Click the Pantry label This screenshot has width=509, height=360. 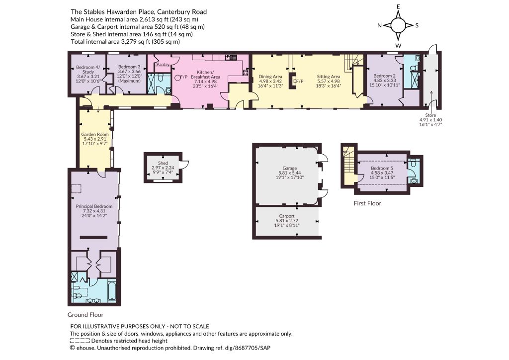click(163, 64)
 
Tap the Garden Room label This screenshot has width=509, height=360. click(95, 134)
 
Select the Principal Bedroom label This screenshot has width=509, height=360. click(94, 206)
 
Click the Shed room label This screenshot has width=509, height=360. click(163, 163)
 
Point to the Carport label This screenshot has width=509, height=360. click(287, 216)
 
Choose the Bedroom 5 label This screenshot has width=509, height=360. click(382, 168)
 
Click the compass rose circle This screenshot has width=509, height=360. click(398, 25)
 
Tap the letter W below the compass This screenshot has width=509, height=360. click(398, 45)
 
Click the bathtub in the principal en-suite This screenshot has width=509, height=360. click(112, 291)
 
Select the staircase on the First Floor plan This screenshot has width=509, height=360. click(349, 162)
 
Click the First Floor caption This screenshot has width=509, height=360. click(367, 203)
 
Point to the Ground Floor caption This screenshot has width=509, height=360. click(85, 315)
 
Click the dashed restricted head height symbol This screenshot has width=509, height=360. click(80, 341)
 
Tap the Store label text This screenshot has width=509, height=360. click(431, 115)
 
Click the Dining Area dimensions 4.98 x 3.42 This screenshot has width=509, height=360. click(270, 81)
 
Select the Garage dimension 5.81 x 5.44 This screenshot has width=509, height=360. click(290, 173)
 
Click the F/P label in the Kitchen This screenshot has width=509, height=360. click(184, 77)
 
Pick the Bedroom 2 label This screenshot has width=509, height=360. click(384, 76)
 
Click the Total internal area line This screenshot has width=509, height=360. click(125, 42)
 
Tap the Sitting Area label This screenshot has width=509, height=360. click(329, 77)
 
